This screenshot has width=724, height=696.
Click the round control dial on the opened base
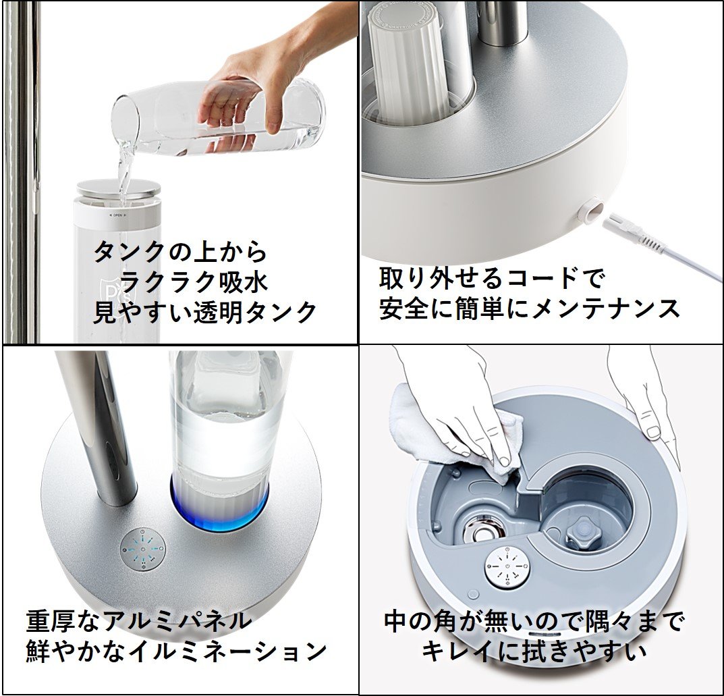[506, 566]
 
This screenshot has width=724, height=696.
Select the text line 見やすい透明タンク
[204, 312]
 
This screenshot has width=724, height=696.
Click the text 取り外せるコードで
[492, 277]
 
